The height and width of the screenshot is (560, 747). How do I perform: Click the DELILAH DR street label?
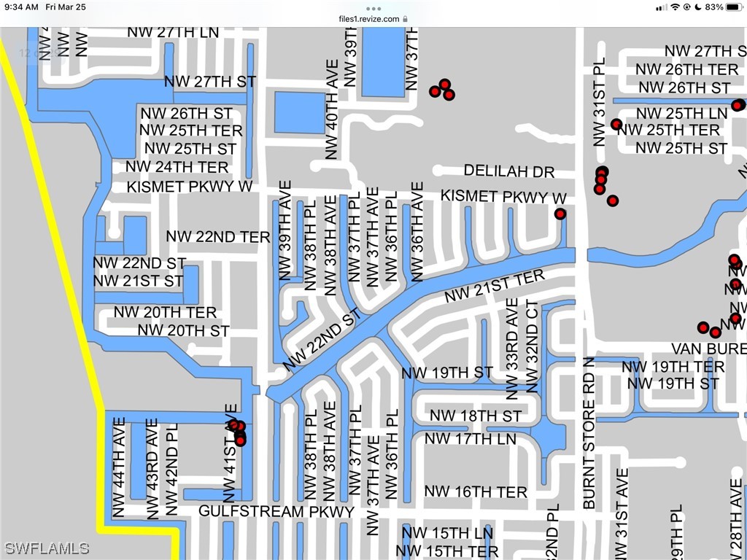point(509,171)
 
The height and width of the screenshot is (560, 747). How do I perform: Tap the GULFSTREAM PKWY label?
point(276,511)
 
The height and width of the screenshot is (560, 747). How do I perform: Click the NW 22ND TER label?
point(218,236)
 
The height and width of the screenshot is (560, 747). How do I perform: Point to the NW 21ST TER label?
point(495,287)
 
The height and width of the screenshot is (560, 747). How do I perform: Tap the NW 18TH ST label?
point(476,416)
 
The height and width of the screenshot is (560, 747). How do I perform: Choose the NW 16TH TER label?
point(476,492)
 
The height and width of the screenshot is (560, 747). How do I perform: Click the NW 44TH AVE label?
point(120,468)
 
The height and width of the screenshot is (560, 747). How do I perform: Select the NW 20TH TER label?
point(165,312)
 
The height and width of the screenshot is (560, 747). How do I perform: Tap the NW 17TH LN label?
point(470,438)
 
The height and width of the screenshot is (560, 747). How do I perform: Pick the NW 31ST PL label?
point(600,102)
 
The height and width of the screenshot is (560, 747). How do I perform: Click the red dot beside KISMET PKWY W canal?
point(560,214)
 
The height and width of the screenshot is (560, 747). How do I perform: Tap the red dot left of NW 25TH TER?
point(616,125)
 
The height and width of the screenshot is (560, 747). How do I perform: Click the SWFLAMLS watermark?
point(47,548)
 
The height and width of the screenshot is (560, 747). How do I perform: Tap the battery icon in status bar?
point(733,7)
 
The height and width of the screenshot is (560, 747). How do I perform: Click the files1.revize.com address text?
point(369,18)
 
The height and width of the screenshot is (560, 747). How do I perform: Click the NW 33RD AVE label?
point(512,349)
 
